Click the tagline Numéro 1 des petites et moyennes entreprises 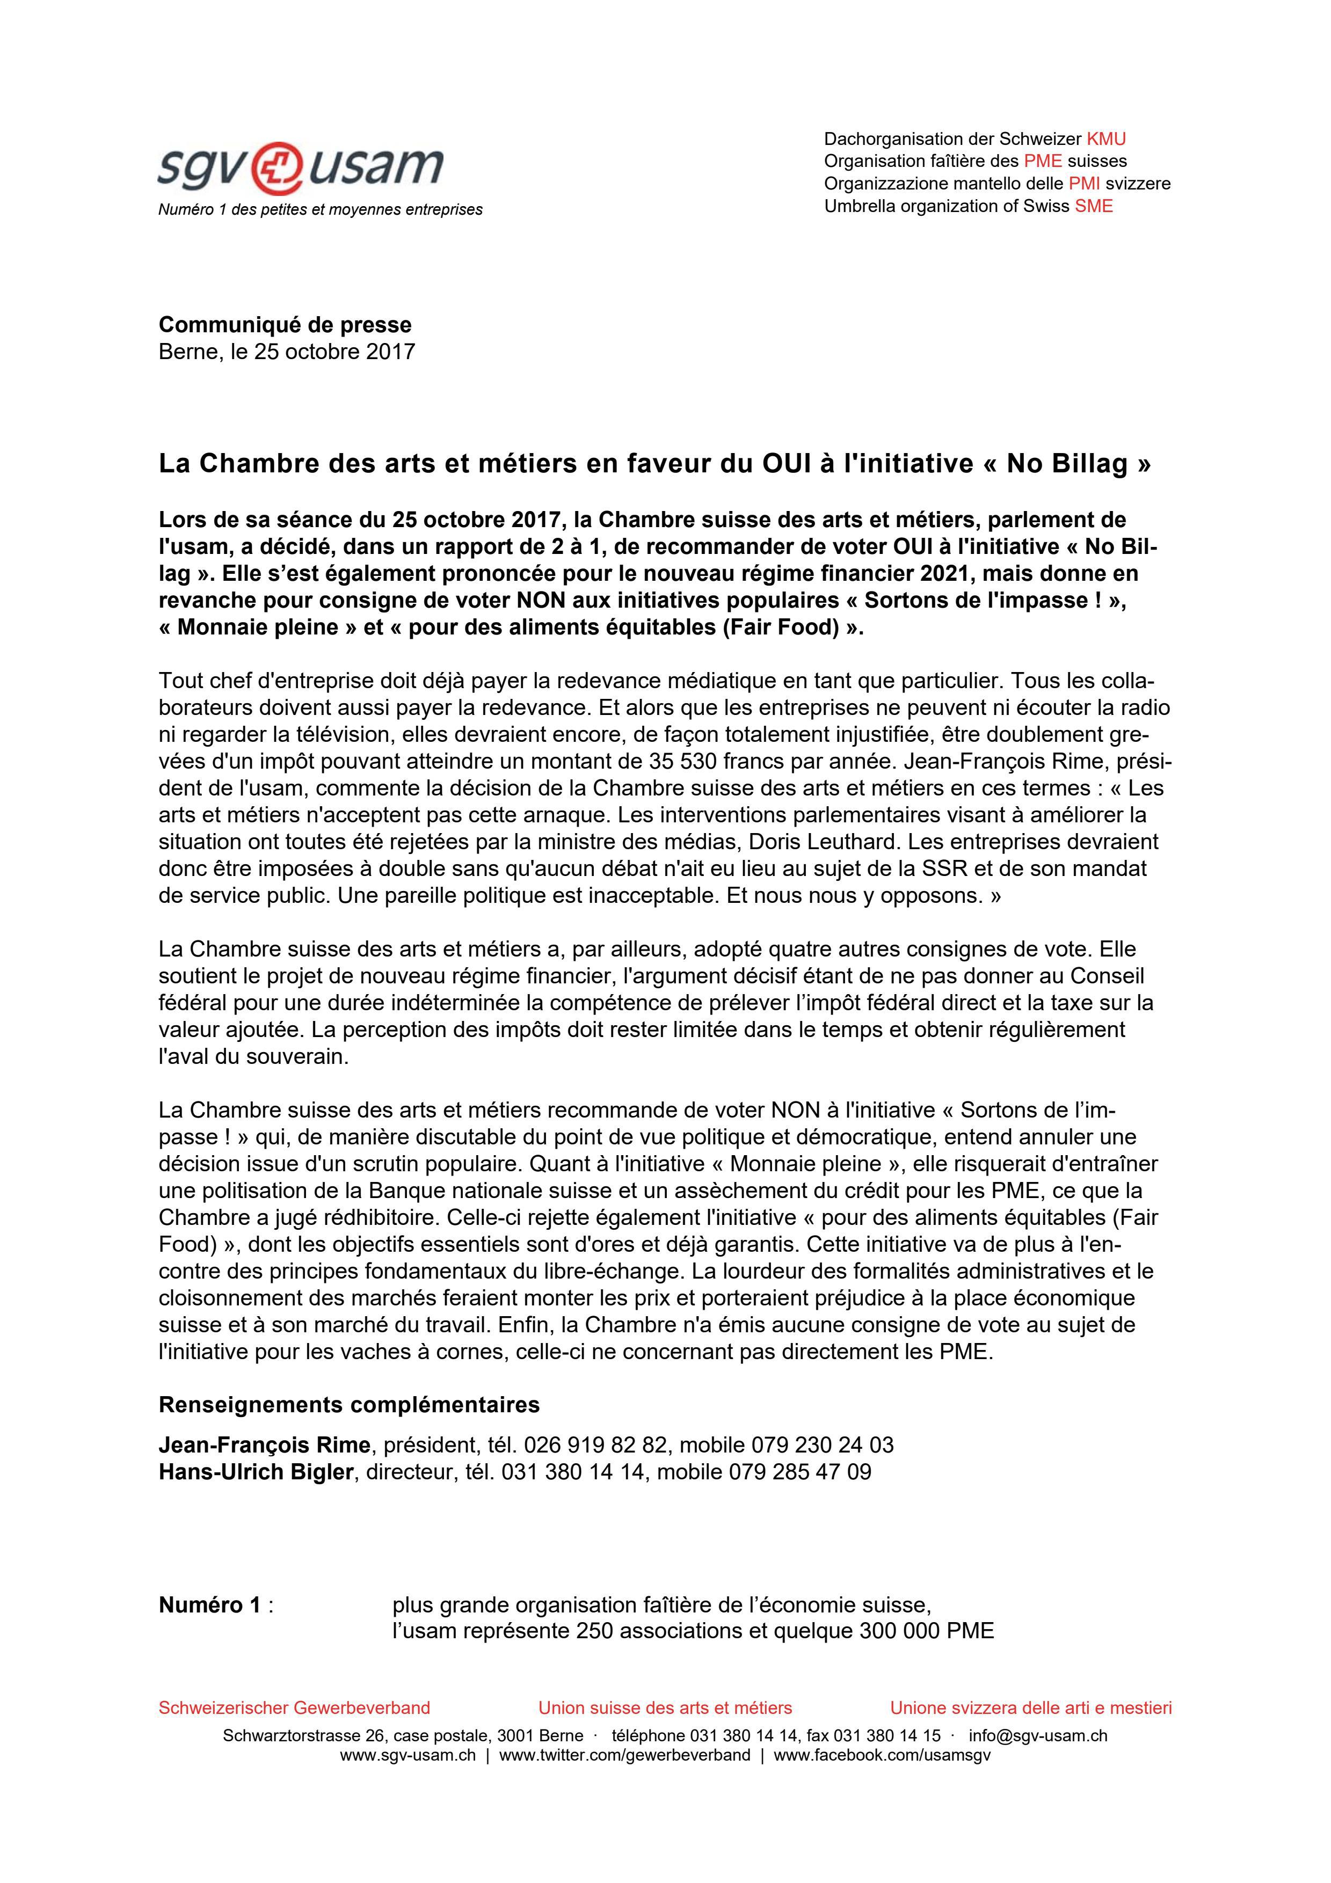pyautogui.click(x=320, y=210)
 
